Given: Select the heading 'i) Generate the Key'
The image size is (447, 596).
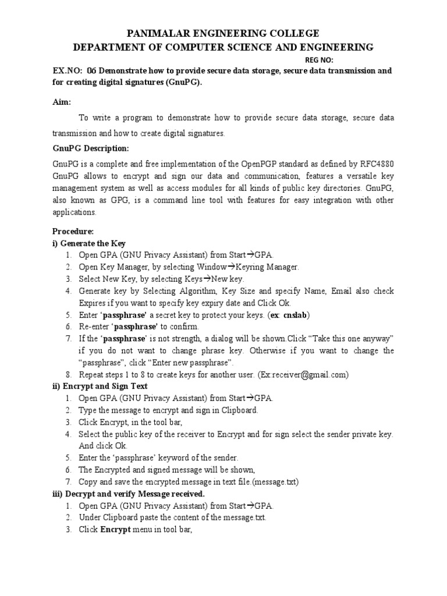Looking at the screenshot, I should pyautogui.click(x=88, y=243).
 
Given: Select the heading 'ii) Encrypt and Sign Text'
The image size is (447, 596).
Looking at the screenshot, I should pyautogui.click(x=100, y=386).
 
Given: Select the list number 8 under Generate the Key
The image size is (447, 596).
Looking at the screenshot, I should pyautogui.click(x=68, y=375).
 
